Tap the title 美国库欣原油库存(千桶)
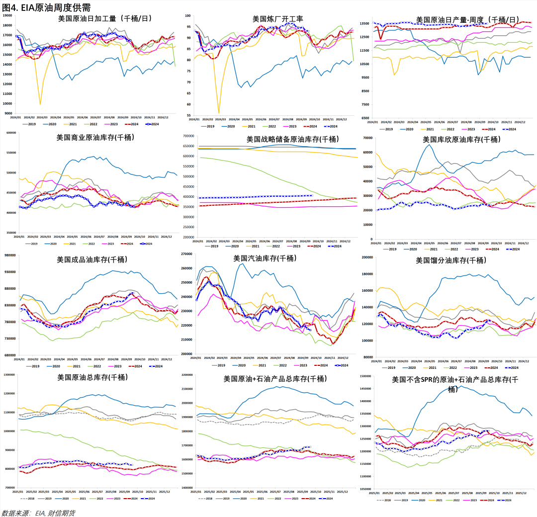pos(461,140)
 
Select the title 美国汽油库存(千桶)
pos(265,258)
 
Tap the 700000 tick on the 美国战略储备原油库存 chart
pos(188,136)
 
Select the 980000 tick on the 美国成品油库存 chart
pos(10,256)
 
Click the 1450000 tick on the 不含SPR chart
pos(364,389)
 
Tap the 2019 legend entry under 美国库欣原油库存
pos(392,249)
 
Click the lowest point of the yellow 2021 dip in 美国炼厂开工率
pos(219,113)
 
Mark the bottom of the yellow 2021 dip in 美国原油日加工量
pos(40,104)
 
